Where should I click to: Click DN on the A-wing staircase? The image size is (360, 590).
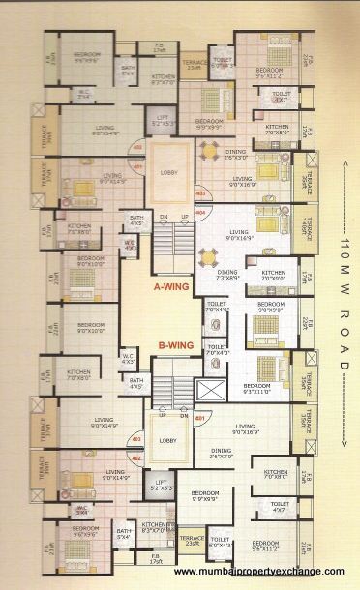164,216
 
